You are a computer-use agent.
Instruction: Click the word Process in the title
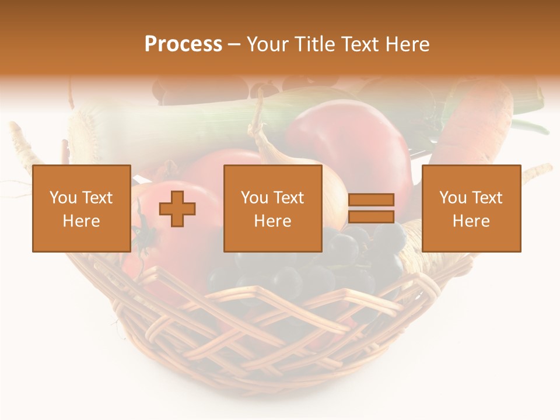[183, 44]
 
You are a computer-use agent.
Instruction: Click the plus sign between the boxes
[177, 208]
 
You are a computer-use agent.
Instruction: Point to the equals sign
[371, 208]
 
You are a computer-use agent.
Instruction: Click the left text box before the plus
[81, 208]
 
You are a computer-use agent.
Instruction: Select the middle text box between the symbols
[272, 208]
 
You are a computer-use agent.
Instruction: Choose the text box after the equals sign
[471, 208]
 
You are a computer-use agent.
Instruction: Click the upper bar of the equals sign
[371, 200]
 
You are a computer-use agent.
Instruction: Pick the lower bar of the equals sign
[371, 216]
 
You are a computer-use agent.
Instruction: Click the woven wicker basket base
[280, 338]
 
